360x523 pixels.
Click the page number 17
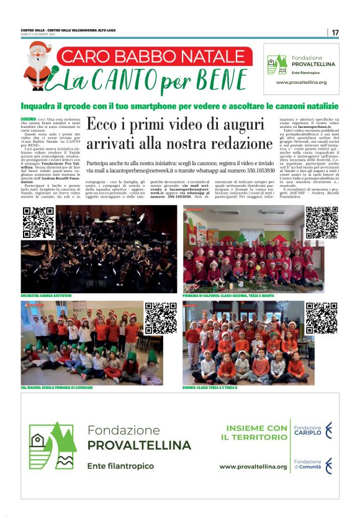[x=335, y=32]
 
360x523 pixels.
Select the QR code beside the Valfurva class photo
[x=322, y=223]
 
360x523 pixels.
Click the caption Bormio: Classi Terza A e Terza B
[x=211, y=388]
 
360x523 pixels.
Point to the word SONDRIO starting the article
[x=28, y=117]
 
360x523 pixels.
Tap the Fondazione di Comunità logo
[x=313, y=465]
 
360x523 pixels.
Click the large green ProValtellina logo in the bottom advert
[x=53, y=445]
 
